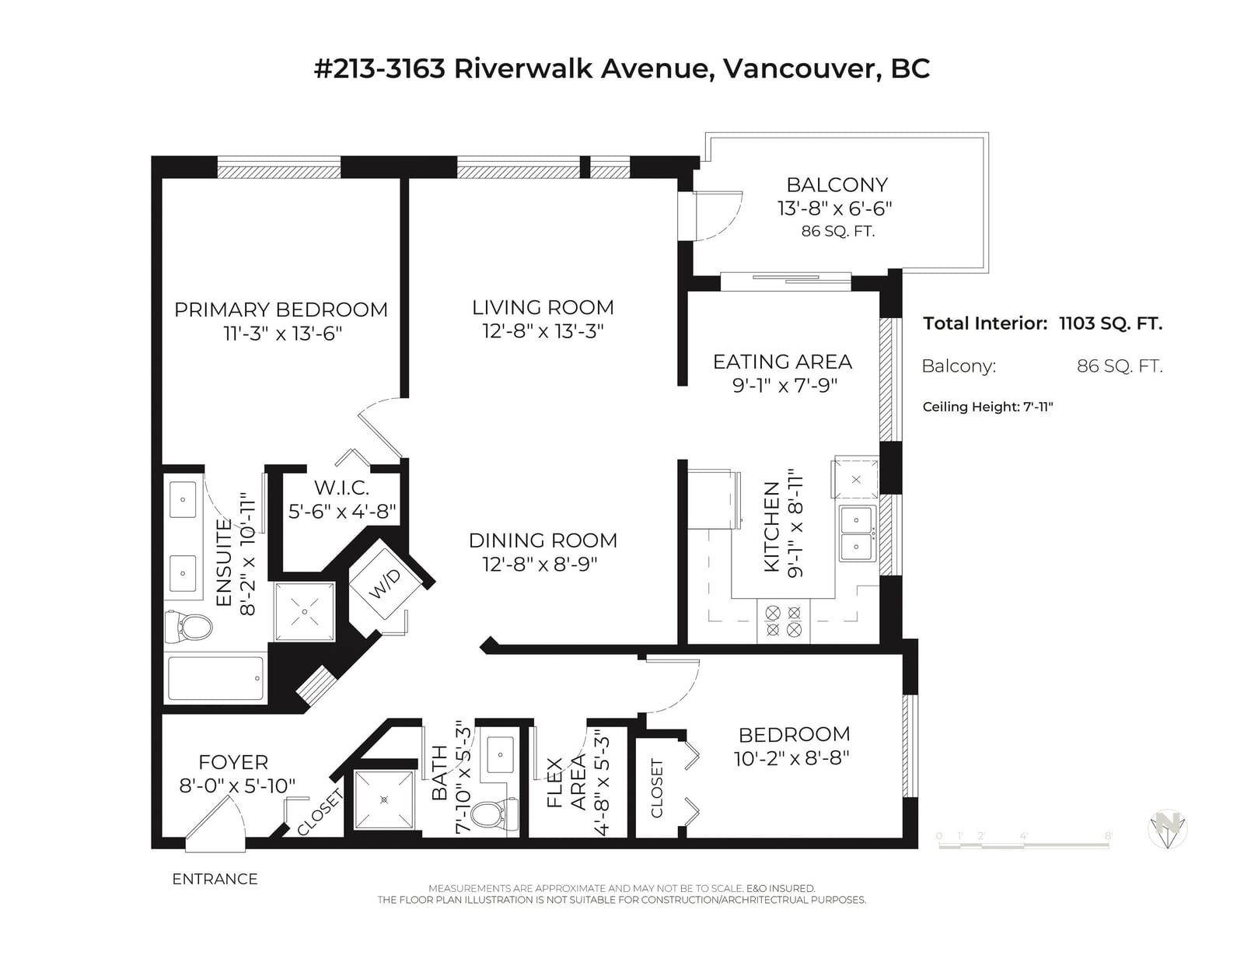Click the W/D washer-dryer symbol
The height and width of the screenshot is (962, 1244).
pyautogui.click(x=385, y=584)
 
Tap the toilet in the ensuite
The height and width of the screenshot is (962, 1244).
pyautogui.click(x=188, y=627)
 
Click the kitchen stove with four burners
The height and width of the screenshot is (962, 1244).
pyautogui.click(x=783, y=621)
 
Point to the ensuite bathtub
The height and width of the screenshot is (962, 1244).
pyautogui.click(x=215, y=678)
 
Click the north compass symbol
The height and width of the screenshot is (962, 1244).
pyautogui.click(x=1168, y=828)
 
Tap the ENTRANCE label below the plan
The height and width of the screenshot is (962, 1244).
pyautogui.click(x=215, y=879)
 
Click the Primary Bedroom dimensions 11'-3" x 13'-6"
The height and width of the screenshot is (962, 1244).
pyautogui.click(x=283, y=334)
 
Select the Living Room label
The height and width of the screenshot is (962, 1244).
pyautogui.click(x=543, y=307)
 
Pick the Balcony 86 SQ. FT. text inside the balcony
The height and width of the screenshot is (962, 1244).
pyautogui.click(x=838, y=231)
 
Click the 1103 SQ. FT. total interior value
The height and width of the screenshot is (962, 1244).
pyautogui.click(x=1110, y=324)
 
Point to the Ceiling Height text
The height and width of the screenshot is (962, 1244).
pyautogui.click(x=987, y=407)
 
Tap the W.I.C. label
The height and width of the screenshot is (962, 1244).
pyautogui.click(x=342, y=488)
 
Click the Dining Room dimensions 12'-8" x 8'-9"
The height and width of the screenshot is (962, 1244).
pyautogui.click(x=540, y=565)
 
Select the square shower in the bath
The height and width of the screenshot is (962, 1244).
pyautogui.click(x=384, y=799)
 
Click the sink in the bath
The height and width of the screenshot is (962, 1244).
pyautogui.click(x=501, y=754)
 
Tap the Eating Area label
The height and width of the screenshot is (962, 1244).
pyautogui.click(x=783, y=362)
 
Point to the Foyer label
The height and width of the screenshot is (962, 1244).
pyautogui.click(x=233, y=762)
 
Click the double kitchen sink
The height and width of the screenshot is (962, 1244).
pyautogui.click(x=857, y=533)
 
